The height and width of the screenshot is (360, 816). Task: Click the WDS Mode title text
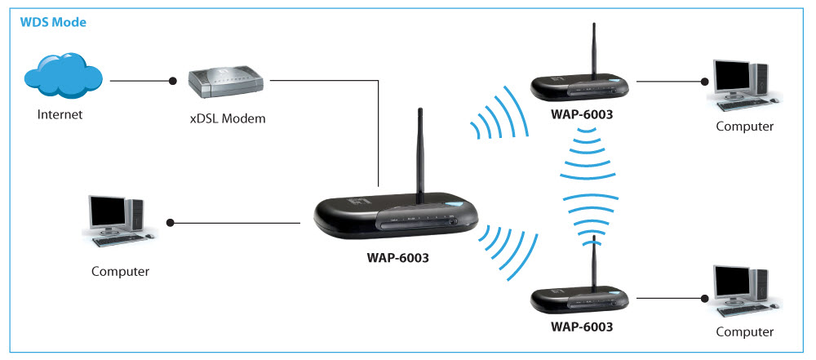click(x=52, y=21)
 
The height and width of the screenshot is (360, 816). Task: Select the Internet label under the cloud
click(x=60, y=114)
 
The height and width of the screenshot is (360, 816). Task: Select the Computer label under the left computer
click(x=120, y=270)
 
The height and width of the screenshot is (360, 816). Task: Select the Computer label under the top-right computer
click(x=744, y=127)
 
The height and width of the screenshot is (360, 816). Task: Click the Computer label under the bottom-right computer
click(x=744, y=332)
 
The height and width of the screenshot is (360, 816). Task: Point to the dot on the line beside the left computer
click(x=171, y=222)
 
